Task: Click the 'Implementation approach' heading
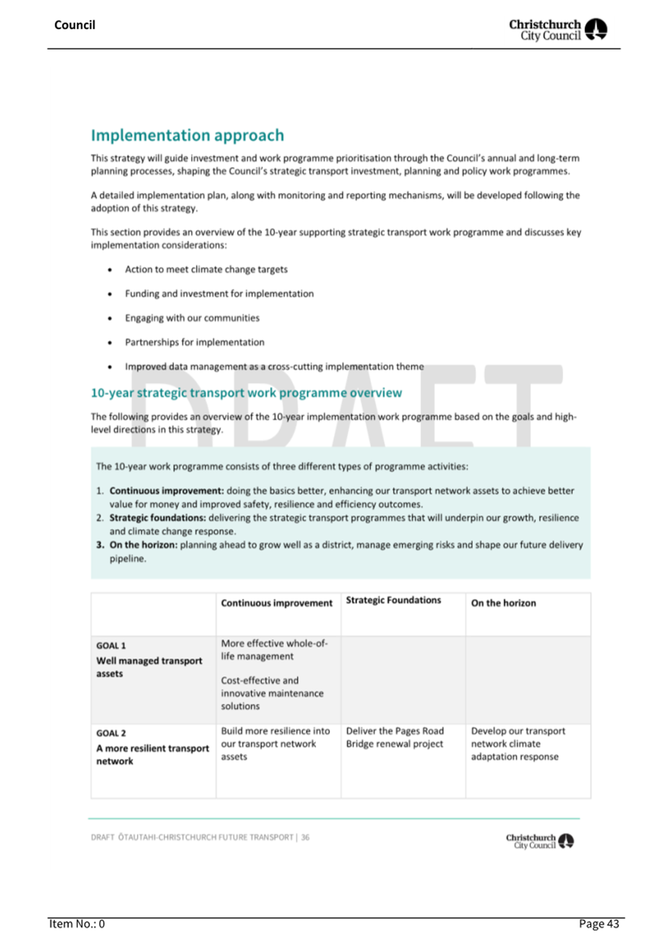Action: tap(187, 135)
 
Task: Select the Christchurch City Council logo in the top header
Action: tap(557, 30)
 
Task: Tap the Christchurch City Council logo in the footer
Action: tap(539, 841)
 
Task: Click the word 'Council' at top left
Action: tap(75, 25)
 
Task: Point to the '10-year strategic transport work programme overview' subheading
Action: tap(246, 393)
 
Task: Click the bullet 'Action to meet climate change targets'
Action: tap(206, 269)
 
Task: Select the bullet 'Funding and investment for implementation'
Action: tap(219, 294)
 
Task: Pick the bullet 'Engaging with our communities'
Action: tap(192, 318)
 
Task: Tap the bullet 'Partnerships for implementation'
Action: tap(195, 342)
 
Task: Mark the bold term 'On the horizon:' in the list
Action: tap(143, 545)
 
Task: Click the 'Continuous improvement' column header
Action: tap(277, 603)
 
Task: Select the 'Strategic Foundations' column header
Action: tap(393, 600)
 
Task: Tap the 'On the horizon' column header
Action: tap(504, 603)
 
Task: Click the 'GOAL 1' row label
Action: tap(111, 646)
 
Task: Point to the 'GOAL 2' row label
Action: tap(111, 733)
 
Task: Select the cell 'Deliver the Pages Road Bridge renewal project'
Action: tap(395, 738)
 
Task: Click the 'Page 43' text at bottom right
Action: tap(599, 924)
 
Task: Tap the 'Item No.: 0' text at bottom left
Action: tap(77, 924)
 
